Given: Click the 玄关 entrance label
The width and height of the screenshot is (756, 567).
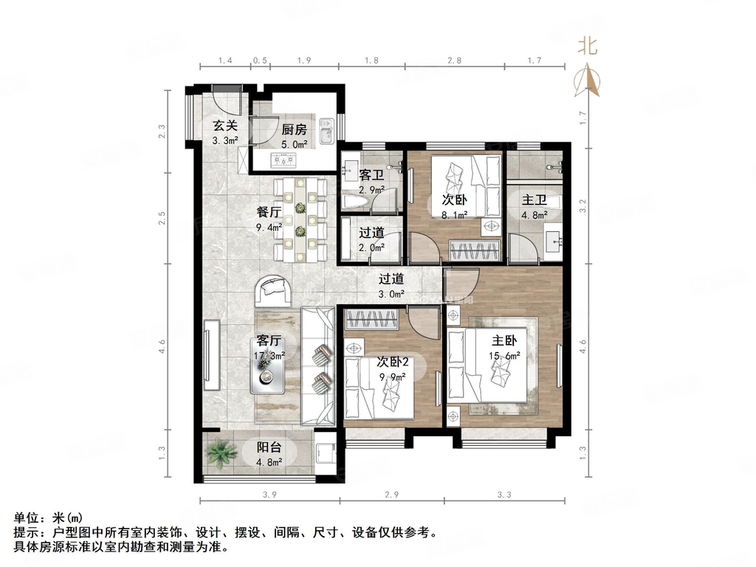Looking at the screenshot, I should coord(225,126).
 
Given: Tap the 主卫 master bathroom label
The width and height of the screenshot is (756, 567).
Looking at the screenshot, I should coord(535,200).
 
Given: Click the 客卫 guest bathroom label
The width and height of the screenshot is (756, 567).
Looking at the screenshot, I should coord(371,175).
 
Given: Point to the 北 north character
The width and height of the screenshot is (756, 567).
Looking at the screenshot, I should coord(588,47).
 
